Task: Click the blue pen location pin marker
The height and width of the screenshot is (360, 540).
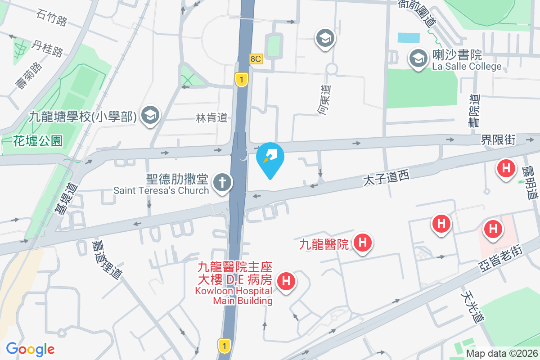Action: pyautogui.click(x=270, y=157)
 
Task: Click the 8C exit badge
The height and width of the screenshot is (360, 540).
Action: pyautogui.click(x=256, y=59)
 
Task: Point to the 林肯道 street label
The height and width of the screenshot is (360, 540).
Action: pyautogui.click(x=211, y=118)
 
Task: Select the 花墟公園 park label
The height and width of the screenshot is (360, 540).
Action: pyautogui.click(x=37, y=141)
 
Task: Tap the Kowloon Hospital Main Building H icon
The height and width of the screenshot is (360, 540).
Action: pyautogui.click(x=286, y=282)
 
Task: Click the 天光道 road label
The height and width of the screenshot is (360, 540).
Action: pyautogui.click(x=472, y=305)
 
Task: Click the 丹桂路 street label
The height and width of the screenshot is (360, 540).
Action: pyautogui.click(x=47, y=48)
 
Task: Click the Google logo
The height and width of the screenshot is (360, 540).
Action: pyautogui.click(x=30, y=349)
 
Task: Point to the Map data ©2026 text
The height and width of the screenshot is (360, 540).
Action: pyautogui.click(x=501, y=353)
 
